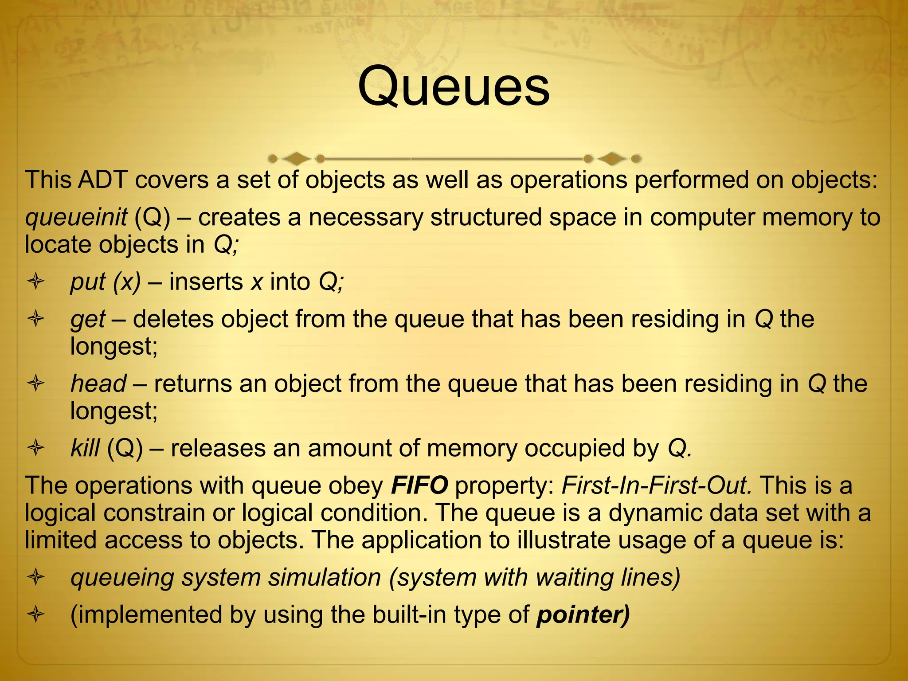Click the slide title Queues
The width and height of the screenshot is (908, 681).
tap(454, 86)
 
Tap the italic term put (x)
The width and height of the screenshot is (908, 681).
tap(106, 282)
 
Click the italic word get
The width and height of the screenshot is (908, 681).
tap(88, 319)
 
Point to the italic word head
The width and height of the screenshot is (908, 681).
tap(98, 384)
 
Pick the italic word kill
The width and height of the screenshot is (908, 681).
tap(85, 448)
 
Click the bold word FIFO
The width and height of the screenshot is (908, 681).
tap(419, 485)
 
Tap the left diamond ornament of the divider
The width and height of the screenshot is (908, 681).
tap(296, 158)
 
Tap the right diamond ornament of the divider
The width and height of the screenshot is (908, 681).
tap(612, 158)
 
